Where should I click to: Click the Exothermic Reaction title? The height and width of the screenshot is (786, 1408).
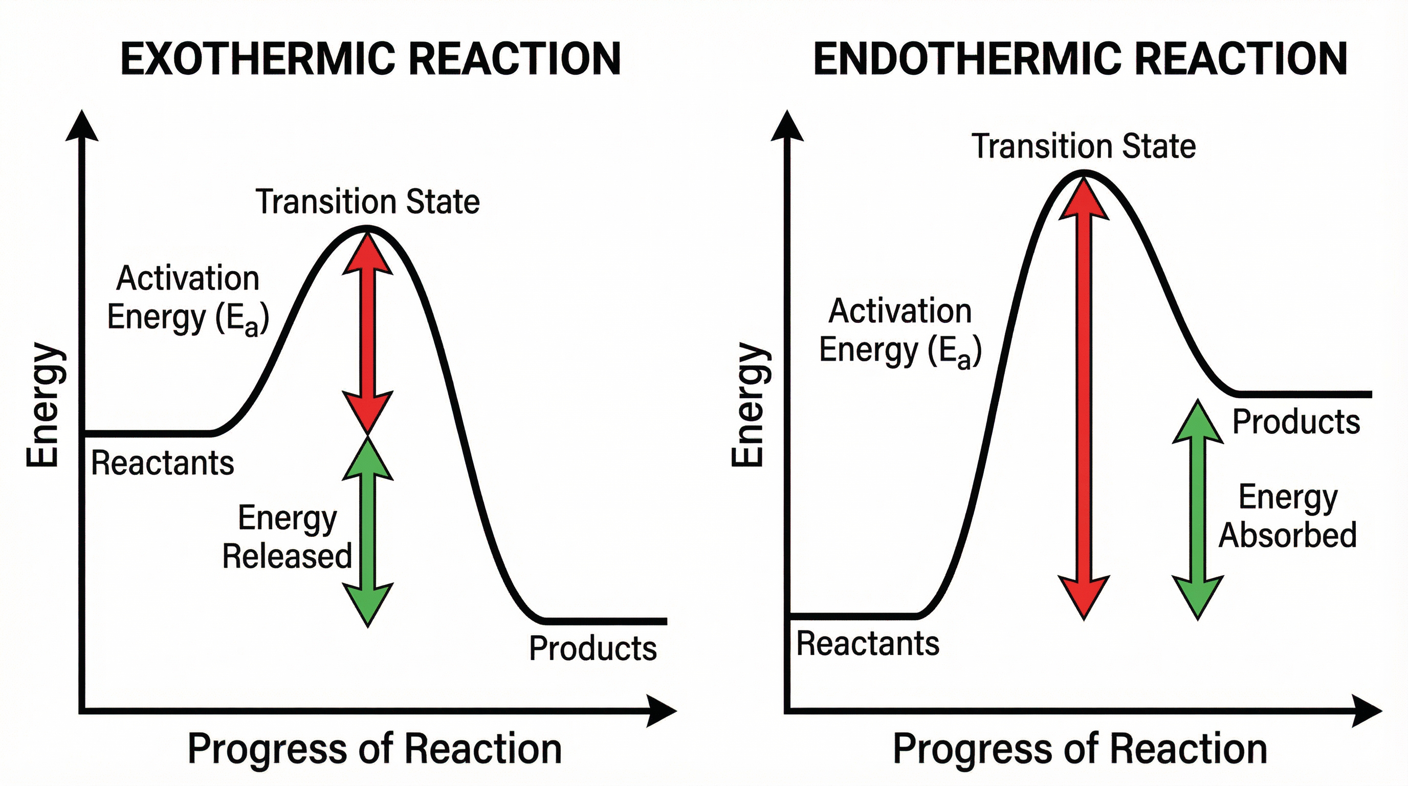click(x=370, y=58)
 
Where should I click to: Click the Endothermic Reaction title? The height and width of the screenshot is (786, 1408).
click(x=1080, y=58)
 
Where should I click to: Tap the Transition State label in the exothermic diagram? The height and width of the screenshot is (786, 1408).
click(x=367, y=201)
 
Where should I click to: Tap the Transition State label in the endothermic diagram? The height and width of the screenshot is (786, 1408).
click(x=1083, y=146)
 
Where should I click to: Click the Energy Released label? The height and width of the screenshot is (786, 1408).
click(x=287, y=537)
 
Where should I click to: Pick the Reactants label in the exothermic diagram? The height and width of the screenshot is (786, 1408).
click(x=162, y=463)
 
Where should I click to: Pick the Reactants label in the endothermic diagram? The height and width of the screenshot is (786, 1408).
click(x=867, y=643)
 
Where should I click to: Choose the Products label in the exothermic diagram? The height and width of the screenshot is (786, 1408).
click(x=592, y=648)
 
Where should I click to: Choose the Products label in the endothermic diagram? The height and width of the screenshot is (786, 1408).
click(x=1296, y=422)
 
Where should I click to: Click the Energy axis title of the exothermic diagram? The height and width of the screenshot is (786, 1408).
click(x=43, y=404)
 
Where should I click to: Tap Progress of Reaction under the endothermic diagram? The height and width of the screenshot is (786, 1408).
click(x=1080, y=749)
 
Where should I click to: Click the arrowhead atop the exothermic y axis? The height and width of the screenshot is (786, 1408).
click(x=82, y=127)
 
